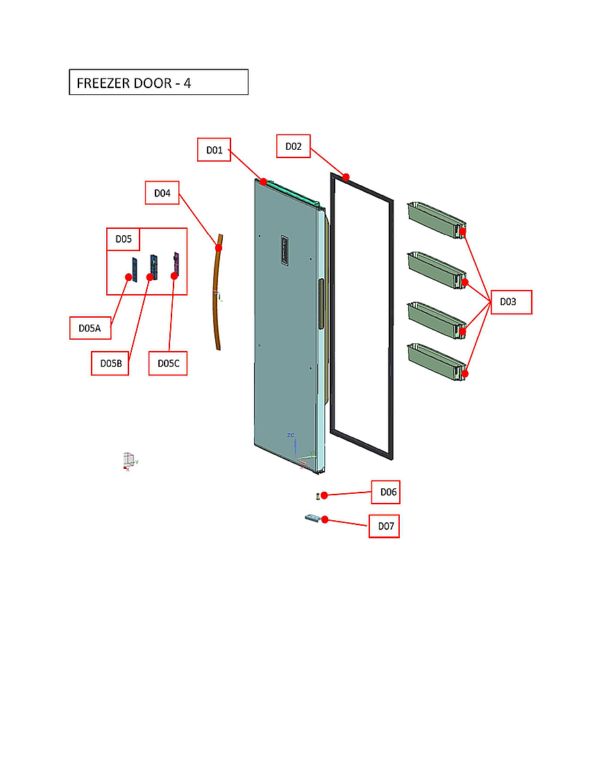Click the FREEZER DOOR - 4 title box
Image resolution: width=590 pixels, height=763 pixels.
[x=158, y=83]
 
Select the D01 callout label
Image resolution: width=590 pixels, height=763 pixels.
[x=214, y=150]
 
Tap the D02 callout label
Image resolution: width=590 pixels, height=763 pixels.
[x=293, y=146]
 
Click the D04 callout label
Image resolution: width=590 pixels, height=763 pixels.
[x=162, y=193]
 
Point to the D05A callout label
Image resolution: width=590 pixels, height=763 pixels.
[x=90, y=327]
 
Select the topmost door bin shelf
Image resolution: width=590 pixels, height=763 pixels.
[x=435, y=219]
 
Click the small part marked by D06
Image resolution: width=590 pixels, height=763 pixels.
[x=317, y=495]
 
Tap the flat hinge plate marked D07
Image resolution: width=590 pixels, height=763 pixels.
[x=313, y=518]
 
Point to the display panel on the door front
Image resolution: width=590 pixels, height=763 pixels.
[x=284, y=250]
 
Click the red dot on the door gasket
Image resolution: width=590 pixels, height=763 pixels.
[x=345, y=177]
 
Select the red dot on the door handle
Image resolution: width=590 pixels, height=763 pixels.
[x=219, y=248]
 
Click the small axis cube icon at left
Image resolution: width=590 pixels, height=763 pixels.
[x=128, y=461]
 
